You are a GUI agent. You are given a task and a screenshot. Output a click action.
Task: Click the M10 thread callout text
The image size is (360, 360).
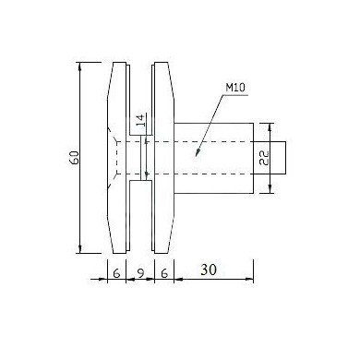(x=235, y=88)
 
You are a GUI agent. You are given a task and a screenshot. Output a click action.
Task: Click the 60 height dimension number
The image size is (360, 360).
(x=75, y=158)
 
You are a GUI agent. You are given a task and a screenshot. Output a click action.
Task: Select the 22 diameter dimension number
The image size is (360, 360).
(x=264, y=158)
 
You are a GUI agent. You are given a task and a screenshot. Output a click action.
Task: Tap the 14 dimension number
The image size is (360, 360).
(x=140, y=120)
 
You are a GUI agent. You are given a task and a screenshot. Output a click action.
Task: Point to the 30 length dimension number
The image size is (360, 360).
(x=209, y=270)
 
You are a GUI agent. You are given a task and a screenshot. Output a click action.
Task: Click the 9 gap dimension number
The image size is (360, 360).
(x=140, y=273)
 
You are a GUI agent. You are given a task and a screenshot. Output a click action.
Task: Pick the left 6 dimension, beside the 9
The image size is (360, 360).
(x=116, y=273)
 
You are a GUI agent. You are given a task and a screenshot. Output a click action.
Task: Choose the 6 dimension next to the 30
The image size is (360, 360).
(x=164, y=273)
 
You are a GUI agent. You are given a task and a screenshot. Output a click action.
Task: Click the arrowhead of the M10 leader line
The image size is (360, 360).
(x=198, y=153)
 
